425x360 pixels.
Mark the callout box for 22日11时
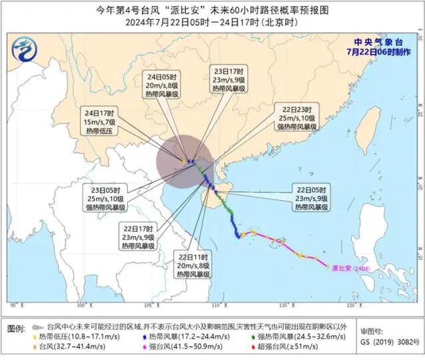tap(193, 265)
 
